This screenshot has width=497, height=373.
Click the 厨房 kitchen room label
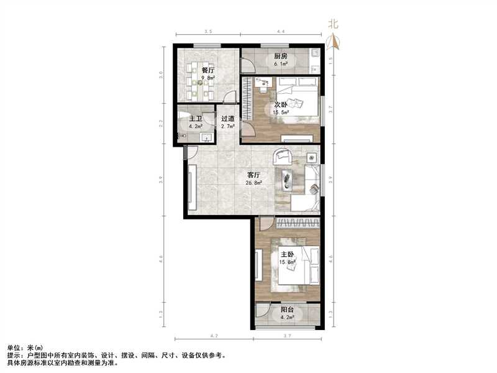280,55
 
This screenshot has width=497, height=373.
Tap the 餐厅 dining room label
207,70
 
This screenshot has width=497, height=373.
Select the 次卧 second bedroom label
280,104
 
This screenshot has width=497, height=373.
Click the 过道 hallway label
227,118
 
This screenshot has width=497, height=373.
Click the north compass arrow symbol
334,42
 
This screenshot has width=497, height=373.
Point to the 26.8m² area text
253,183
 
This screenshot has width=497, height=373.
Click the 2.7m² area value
227,126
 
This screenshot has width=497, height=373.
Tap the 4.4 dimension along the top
281,31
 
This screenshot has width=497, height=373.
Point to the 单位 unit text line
25,348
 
